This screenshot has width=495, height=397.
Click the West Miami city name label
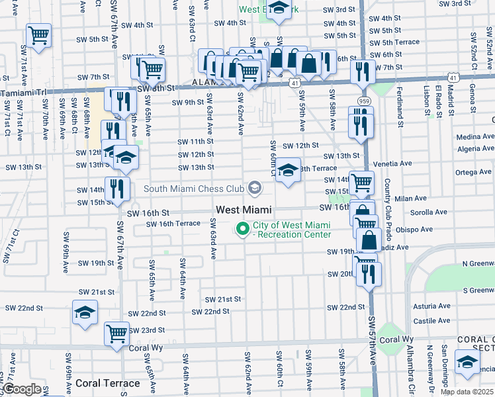coord(243,210)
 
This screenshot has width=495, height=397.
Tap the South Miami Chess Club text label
coord(193,189)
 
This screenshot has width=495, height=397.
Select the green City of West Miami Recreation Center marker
coord(243,230)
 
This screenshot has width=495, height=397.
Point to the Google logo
coord(22,389)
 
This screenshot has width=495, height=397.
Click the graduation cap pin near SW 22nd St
coord(85,312)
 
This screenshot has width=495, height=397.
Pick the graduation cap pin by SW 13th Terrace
coord(288,171)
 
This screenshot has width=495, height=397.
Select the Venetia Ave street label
coord(392,163)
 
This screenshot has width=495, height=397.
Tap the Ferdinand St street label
coord(401,106)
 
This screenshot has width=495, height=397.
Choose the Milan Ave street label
coord(410,198)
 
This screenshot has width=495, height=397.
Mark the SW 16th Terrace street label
coord(173,224)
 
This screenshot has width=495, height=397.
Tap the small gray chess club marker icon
coord(254,189)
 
